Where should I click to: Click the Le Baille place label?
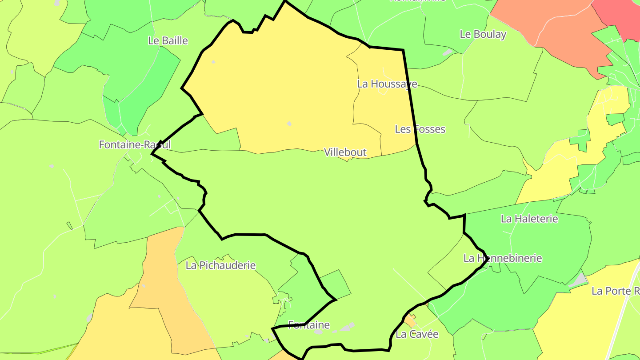(168, 41)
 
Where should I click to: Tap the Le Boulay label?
(483, 34)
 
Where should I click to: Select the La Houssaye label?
(387, 84)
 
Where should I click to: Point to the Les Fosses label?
(420, 129)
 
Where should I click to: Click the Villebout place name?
(345, 152)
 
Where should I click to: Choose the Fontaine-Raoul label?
(134, 145)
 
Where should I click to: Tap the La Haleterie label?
(529, 219)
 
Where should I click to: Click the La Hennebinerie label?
(503, 258)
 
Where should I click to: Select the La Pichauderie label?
(220, 266)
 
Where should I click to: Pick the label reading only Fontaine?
(309, 325)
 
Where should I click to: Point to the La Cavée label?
(417, 334)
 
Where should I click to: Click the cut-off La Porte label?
(615, 291)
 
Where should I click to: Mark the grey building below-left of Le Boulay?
(447, 52)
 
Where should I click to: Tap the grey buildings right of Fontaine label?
(347, 328)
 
